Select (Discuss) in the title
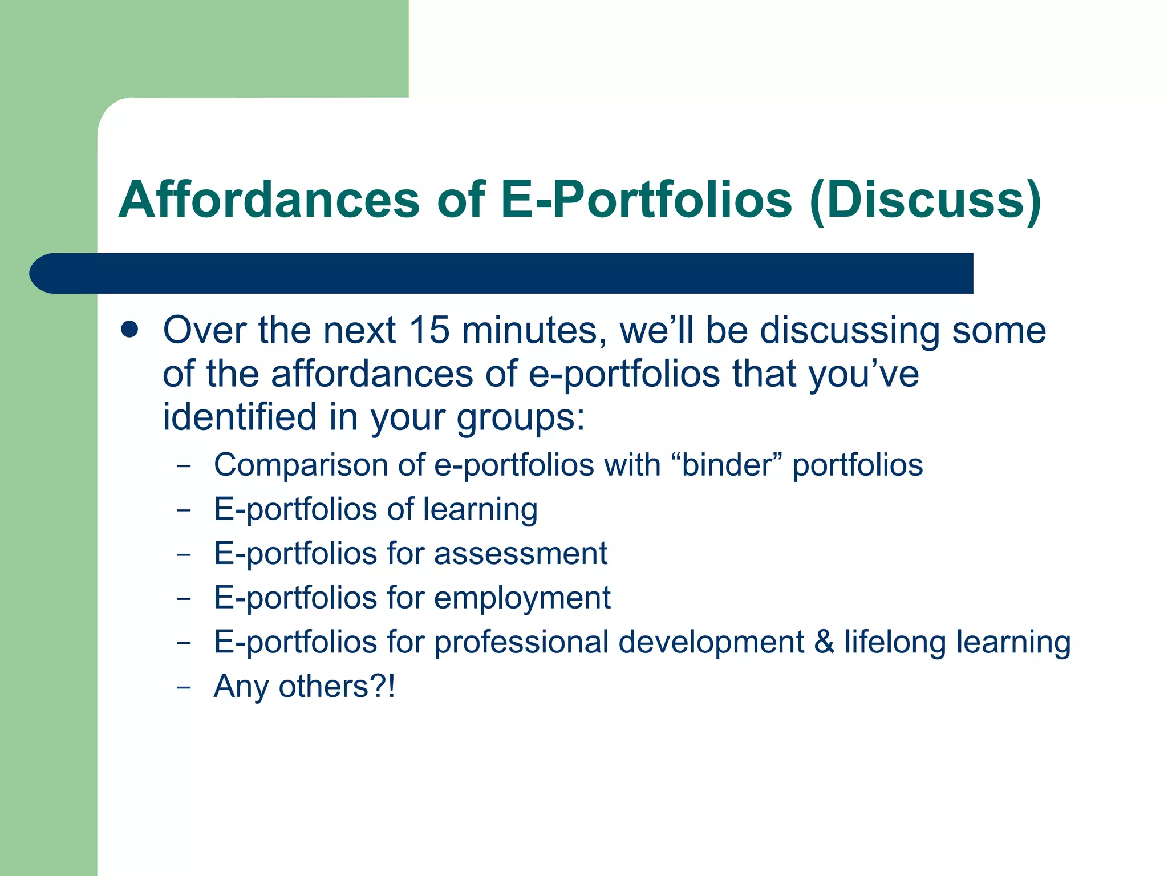(924, 201)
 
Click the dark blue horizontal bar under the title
(502, 273)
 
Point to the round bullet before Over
(130, 330)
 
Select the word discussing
(850, 331)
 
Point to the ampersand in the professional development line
(824, 642)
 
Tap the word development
(711, 643)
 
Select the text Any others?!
(304, 687)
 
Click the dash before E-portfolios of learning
(184, 509)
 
